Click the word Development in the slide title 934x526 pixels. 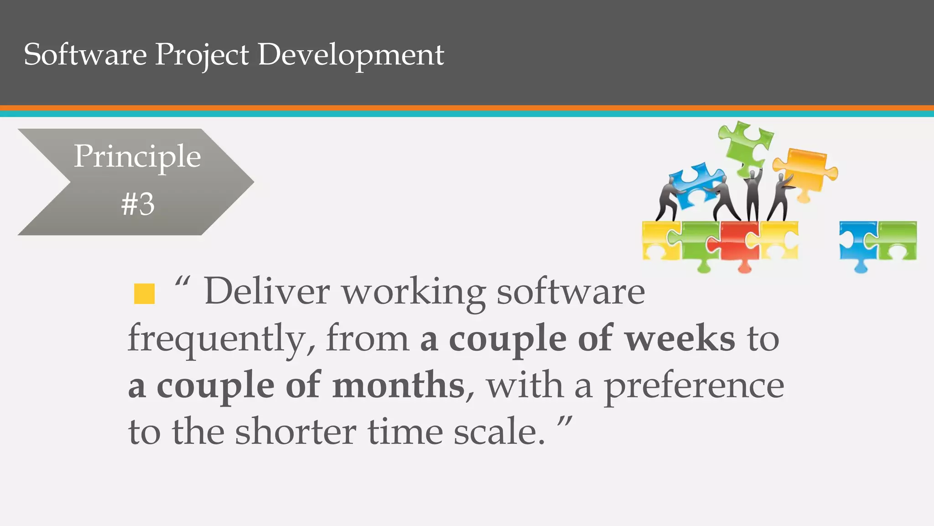pyautogui.click(x=351, y=55)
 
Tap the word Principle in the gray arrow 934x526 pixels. pyautogui.click(x=137, y=157)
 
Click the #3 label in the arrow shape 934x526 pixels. pyautogui.click(x=138, y=204)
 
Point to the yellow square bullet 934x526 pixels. pyautogui.click(x=145, y=294)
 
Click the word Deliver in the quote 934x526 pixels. pyautogui.click(x=267, y=291)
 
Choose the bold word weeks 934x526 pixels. pyautogui.click(x=680, y=338)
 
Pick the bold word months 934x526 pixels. pyautogui.click(x=398, y=385)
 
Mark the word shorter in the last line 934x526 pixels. pyautogui.click(x=295, y=431)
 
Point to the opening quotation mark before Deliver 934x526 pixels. pyautogui.click(x=182, y=282)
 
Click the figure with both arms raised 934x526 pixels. pyautogui.click(x=752, y=194)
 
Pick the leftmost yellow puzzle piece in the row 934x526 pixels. pyautogui.click(x=659, y=240)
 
